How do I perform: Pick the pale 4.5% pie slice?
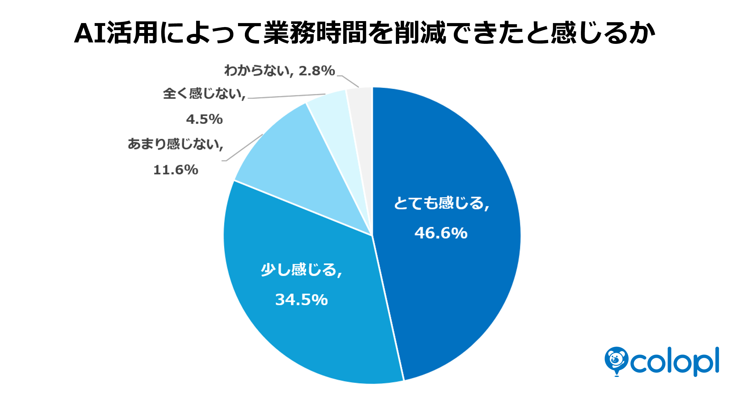pos(336,128)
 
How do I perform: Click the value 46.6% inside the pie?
pos(441,233)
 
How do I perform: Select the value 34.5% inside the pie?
pos(302,299)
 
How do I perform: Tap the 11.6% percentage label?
pos(176,170)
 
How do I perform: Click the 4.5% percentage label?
pos(204,119)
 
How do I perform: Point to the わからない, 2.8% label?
pos(280,70)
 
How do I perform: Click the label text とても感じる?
pos(439,203)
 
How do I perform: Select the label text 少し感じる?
pos(299,270)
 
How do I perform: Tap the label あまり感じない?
pos(173,144)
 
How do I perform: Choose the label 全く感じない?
pos(202,93)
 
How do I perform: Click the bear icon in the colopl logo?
pos(617,361)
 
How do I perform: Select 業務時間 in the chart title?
pos(316,33)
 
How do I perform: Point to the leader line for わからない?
pos(348,81)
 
